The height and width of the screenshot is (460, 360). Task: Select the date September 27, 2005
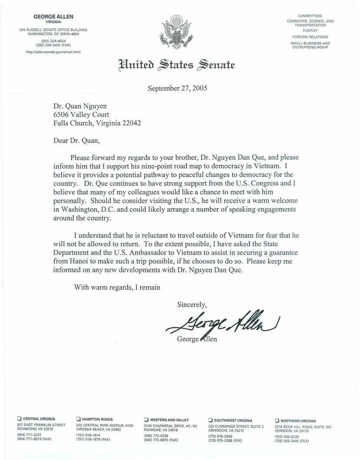177,88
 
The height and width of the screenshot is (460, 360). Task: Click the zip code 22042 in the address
132,123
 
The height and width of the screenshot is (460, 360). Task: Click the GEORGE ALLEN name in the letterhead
53,16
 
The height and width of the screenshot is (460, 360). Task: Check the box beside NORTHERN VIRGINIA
277,420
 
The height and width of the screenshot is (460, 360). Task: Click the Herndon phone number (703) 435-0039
287,436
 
